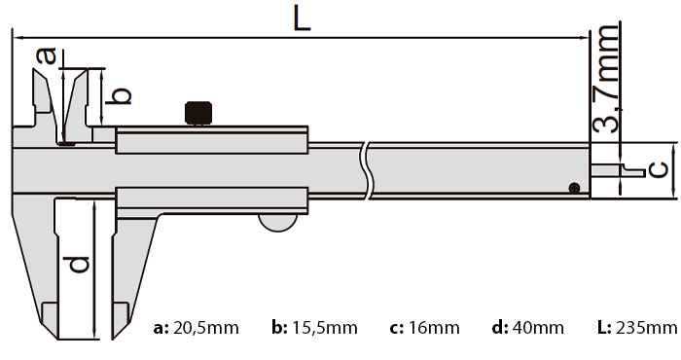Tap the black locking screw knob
click(198, 113)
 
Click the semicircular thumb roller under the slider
click(278, 223)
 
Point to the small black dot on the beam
click(574, 188)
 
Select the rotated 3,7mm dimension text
click(605, 78)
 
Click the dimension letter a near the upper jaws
click(47, 56)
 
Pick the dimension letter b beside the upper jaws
click(118, 95)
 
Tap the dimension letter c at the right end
click(659, 170)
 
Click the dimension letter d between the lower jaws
click(76, 265)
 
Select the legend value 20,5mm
click(206, 328)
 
